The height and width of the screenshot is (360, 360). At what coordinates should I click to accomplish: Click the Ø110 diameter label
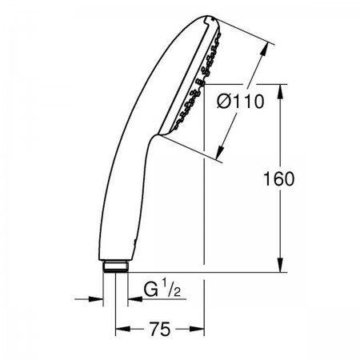pyautogui.click(x=241, y=102)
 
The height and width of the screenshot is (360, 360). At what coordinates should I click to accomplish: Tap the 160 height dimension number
pyautogui.click(x=278, y=178)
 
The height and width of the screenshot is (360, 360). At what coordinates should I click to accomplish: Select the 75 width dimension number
pyautogui.click(x=159, y=330)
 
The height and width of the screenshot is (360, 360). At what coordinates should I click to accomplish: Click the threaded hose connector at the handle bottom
pyautogui.click(x=115, y=267)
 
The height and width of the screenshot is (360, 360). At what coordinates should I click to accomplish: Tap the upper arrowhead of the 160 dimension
pyautogui.click(x=281, y=92)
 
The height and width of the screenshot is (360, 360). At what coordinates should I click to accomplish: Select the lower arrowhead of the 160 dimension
pyautogui.click(x=281, y=265)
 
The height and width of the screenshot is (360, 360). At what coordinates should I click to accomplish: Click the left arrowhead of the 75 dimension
pyautogui.click(x=123, y=329)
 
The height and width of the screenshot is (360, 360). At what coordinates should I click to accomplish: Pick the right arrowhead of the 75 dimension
pyautogui.click(x=197, y=329)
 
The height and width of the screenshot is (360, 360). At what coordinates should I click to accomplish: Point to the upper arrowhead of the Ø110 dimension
pyautogui.click(x=264, y=50)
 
